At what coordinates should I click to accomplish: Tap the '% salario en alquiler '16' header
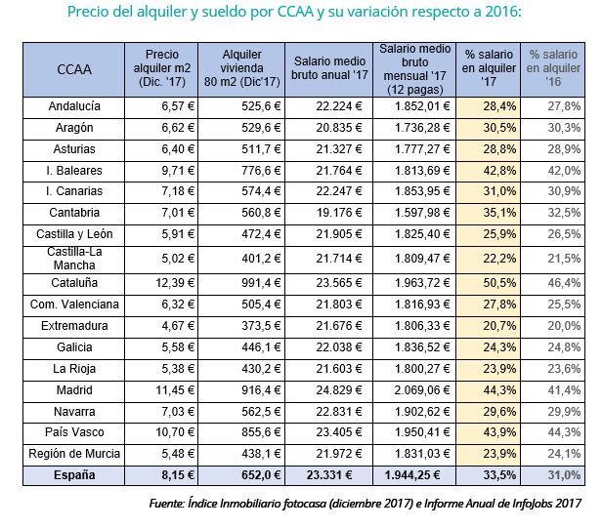tap(553, 68)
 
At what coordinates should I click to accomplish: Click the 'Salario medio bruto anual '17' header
tap(330, 68)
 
